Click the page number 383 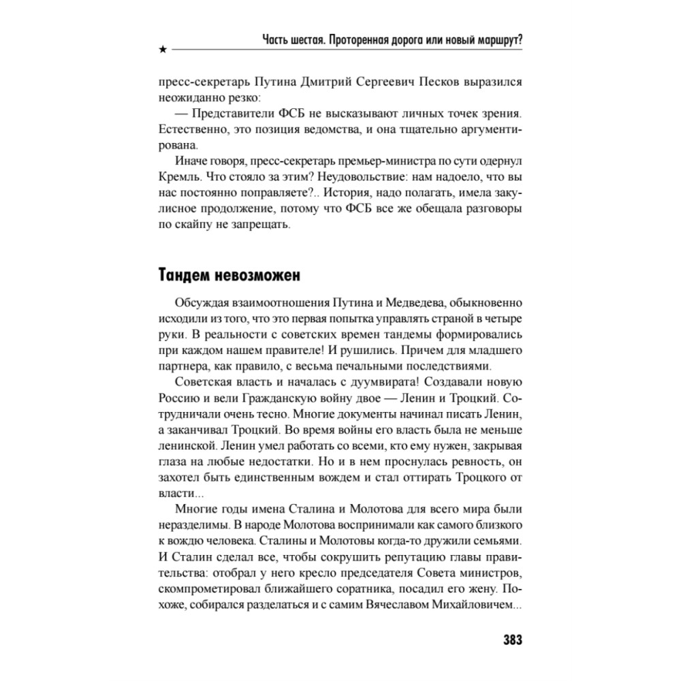tap(511, 640)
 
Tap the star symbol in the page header tap(161, 50)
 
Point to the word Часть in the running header tap(280, 39)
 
